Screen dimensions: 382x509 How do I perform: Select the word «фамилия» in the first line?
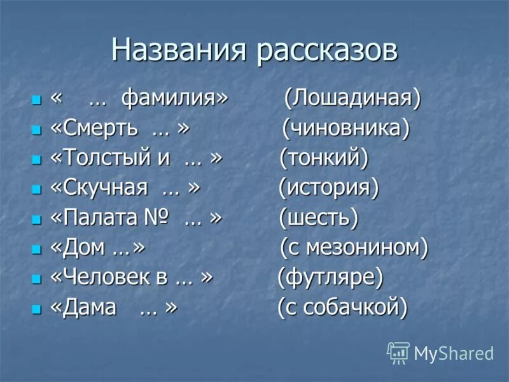tap(173, 100)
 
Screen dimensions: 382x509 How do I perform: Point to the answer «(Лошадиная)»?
tap(352, 99)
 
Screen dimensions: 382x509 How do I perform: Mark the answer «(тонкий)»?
tap(324, 159)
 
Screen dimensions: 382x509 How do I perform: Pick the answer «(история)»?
tap(328, 188)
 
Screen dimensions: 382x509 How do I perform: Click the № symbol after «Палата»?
tap(157, 218)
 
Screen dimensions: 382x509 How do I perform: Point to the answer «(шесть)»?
tap(319, 218)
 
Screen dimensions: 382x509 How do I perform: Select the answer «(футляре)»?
tap(330, 277)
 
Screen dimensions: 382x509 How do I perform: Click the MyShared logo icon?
tap(398, 352)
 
